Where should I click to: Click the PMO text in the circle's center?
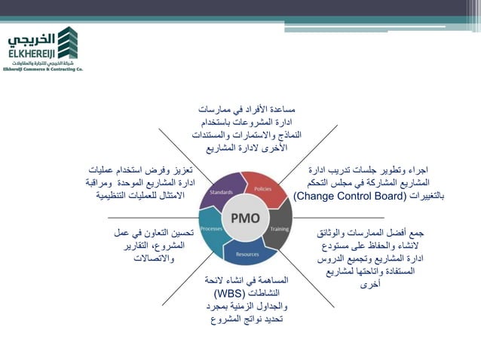pyautogui.click(x=245, y=219)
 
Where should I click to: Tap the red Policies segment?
pyautogui.click(x=263, y=189)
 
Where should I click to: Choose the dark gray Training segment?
pyautogui.click(x=279, y=227)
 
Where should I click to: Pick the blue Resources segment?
pyautogui.click(x=248, y=252)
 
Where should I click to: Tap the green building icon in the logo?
pyautogui.click(x=67, y=44)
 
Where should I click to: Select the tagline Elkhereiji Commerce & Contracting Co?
pyautogui.click(x=42, y=68)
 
